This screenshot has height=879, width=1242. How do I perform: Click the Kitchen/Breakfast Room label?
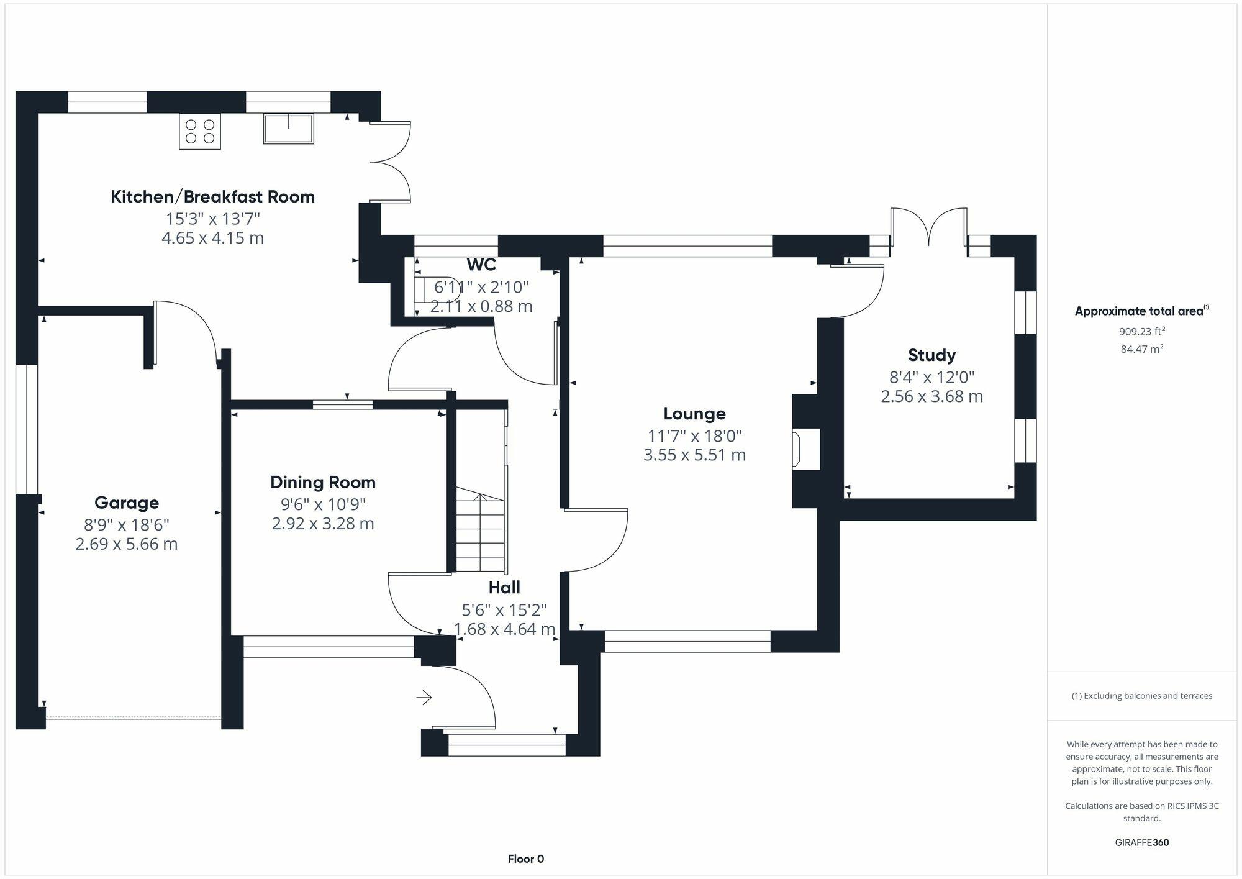pyautogui.click(x=212, y=197)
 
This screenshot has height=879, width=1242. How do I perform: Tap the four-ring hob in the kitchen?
pyautogui.click(x=200, y=131)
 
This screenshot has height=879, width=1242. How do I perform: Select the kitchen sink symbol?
pyautogui.click(x=288, y=129)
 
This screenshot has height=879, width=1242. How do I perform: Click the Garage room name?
pyautogui.click(x=127, y=503)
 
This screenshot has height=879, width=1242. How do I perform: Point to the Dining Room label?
pyautogui.click(x=323, y=483)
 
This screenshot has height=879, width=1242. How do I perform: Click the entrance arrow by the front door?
pyautogui.click(x=424, y=698)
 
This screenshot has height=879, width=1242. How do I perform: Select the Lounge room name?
pyautogui.click(x=694, y=414)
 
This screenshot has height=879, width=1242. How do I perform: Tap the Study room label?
pyautogui.click(x=931, y=355)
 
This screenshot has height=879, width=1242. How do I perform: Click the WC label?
pyautogui.click(x=481, y=265)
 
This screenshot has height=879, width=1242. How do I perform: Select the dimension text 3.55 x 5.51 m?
pyautogui.click(x=694, y=455)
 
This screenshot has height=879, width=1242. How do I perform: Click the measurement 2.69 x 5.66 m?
pyautogui.click(x=127, y=544)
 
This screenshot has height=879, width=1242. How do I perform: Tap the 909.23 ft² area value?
pyautogui.click(x=1141, y=332)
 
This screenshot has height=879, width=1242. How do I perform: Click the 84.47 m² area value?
pyautogui.click(x=1141, y=349)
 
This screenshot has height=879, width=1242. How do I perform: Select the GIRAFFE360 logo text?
pyautogui.click(x=1141, y=843)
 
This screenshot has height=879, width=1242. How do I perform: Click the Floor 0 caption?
pyautogui.click(x=525, y=859)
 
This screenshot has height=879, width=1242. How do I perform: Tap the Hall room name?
pyautogui.click(x=504, y=588)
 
